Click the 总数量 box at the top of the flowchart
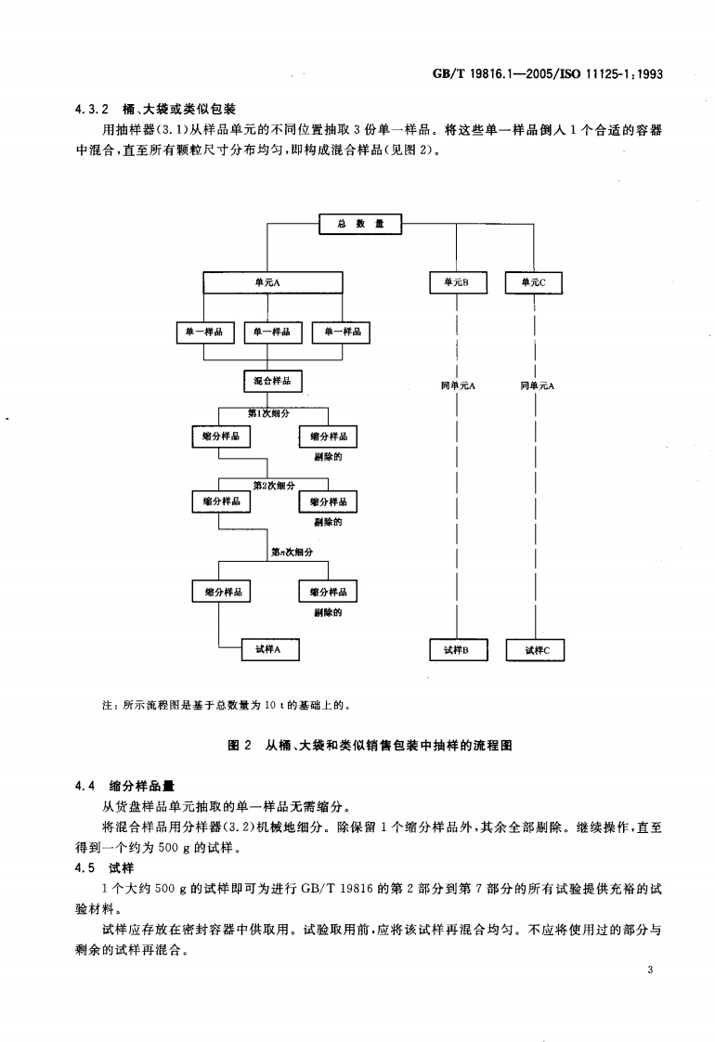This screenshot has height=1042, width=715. click(360, 223)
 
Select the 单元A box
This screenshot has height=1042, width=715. click(273, 281)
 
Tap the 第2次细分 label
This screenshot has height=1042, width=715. click(274, 485)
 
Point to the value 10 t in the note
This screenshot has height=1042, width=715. click(272, 705)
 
